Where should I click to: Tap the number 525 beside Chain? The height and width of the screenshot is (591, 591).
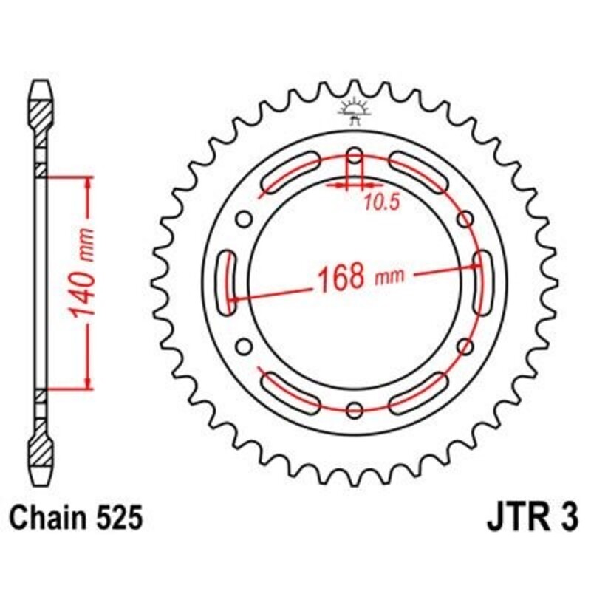click(118, 518)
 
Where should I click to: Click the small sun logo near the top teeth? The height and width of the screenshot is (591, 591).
click(353, 109)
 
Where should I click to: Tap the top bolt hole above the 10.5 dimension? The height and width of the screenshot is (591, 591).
click(355, 157)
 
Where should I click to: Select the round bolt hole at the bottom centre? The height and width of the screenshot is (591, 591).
click(355, 409)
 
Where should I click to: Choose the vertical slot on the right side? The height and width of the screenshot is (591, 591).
click(483, 277)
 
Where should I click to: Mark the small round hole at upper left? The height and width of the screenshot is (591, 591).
click(244, 219)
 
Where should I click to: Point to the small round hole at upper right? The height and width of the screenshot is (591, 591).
click(465, 219)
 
